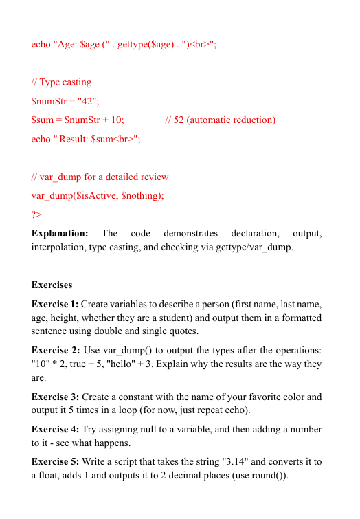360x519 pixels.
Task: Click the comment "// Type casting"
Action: click(x=61, y=82)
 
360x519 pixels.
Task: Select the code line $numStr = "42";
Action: click(x=65, y=101)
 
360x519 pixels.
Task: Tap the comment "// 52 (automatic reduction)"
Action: click(x=221, y=120)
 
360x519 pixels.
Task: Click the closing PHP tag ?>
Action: click(x=37, y=214)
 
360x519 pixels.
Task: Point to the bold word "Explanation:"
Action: click(x=60, y=233)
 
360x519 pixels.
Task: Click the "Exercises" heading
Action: click(x=52, y=285)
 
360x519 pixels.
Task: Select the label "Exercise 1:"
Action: click(x=55, y=304)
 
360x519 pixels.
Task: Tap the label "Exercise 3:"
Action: click(x=55, y=397)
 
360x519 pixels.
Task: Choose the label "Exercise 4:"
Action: click(x=55, y=430)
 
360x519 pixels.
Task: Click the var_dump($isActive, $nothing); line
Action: click(x=98, y=195)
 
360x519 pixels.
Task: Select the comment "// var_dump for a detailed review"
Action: click(x=100, y=177)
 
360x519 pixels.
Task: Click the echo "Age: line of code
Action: click(x=124, y=45)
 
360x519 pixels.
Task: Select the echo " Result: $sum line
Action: click(x=86, y=138)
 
